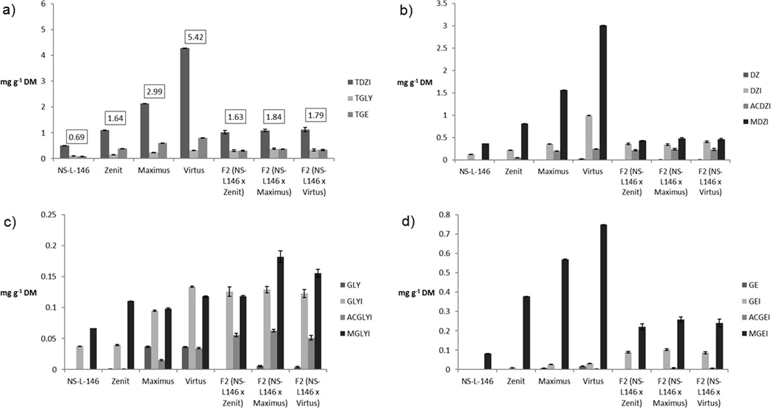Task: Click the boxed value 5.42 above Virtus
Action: [x=195, y=37]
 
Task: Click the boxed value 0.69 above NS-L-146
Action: [x=76, y=137]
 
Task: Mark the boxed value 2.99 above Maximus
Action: [x=155, y=91]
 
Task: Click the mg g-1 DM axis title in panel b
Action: [x=415, y=83]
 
